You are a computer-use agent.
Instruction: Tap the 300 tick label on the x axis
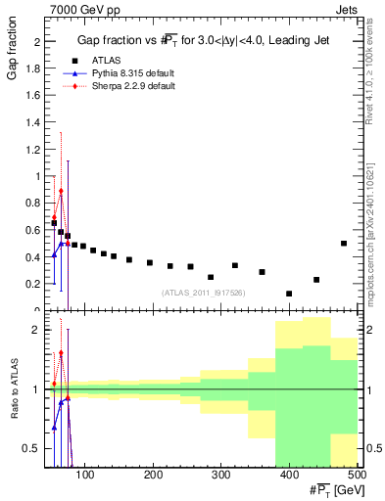tap(220, 476)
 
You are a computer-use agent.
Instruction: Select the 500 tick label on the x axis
tap(357, 476)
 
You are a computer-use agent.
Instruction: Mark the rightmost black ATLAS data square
tap(343, 244)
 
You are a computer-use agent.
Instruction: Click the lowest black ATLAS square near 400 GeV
tap(289, 294)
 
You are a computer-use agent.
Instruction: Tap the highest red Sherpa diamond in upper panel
tap(61, 191)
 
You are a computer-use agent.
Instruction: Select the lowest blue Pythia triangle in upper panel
tap(54, 255)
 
